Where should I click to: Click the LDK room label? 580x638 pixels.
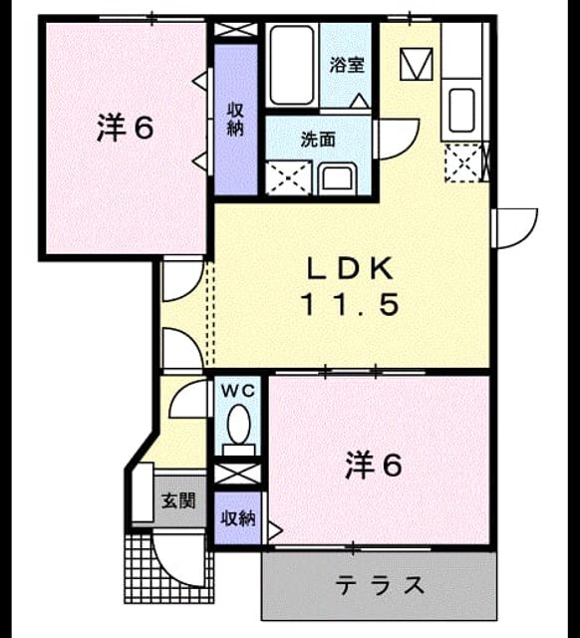coord(350,269)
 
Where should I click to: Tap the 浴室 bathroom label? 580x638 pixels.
coord(347,65)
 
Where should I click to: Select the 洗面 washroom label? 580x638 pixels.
coord(318,140)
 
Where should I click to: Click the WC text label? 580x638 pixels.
coord(238,391)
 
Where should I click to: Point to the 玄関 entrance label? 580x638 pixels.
coord(178,500)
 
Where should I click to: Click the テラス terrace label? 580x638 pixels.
coord(380,585)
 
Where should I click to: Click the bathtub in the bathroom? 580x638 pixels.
coord(292,65)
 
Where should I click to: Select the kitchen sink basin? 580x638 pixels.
coord(461,110)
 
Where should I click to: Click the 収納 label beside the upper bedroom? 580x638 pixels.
coord(235,120)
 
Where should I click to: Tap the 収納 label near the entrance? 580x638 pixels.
coord(238,518)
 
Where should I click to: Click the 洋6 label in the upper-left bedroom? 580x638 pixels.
coord(126,128)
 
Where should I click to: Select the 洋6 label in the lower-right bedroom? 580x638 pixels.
coord(374,466)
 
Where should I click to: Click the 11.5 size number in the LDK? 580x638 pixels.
coord(350,305)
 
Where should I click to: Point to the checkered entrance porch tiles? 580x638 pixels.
coord(168,568)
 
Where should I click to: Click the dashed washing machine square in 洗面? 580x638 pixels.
coord(289,177)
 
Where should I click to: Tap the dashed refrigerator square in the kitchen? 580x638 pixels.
coord(463,162)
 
